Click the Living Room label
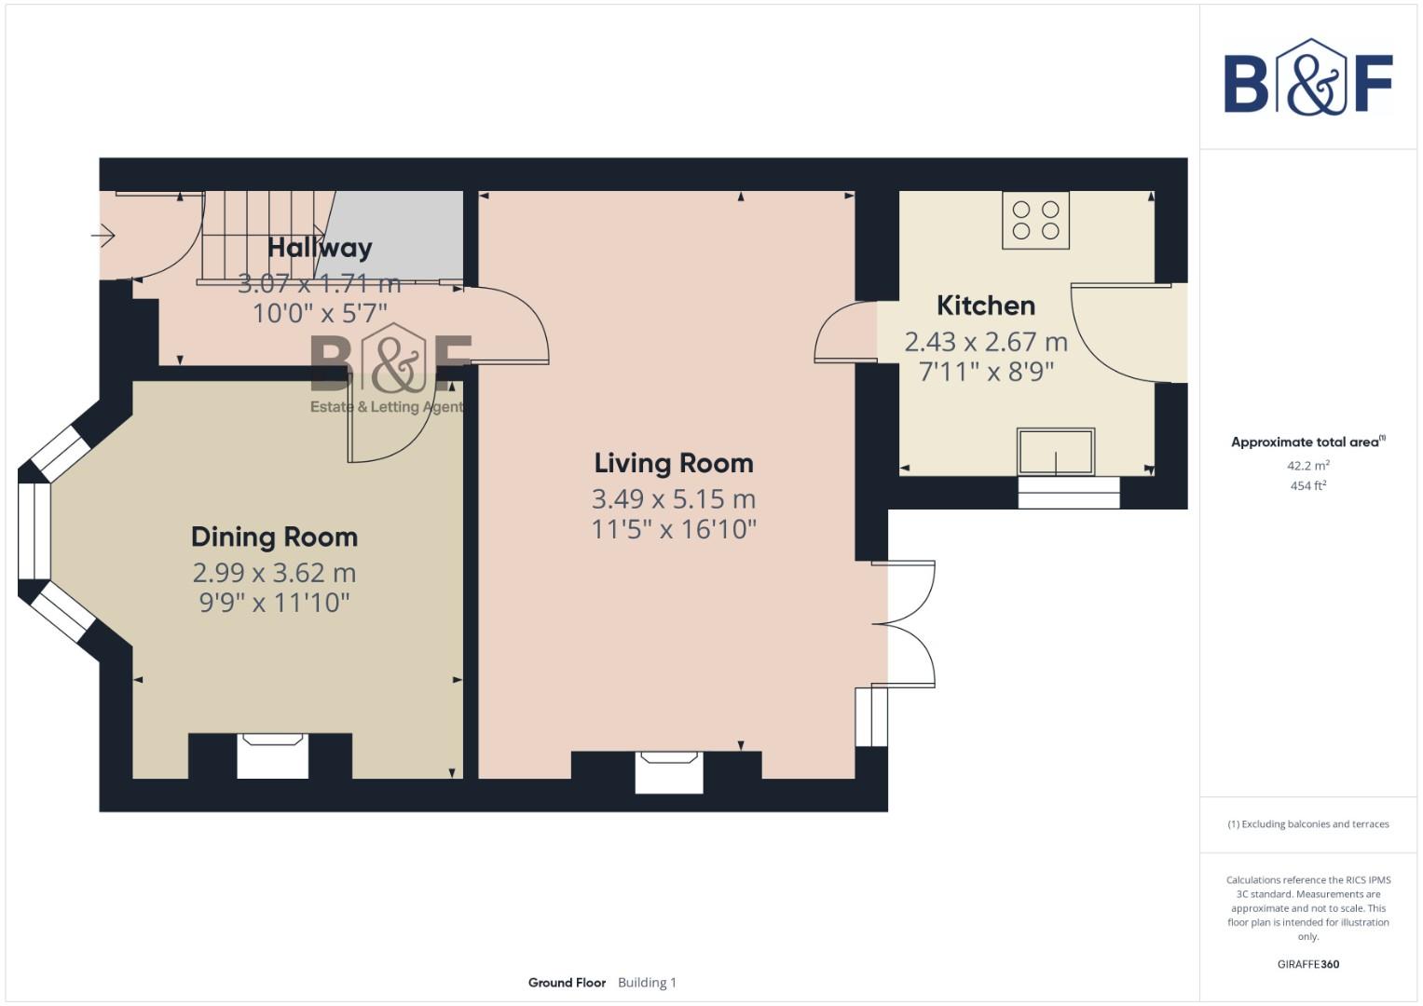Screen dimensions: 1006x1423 [673, 463]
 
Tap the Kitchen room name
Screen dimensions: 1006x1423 [985, 306]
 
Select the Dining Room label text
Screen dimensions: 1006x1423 [274, 537]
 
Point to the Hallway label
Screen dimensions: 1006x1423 [320, 248]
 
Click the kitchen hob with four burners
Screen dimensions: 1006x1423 [1035, 220]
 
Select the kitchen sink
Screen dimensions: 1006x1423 [1055, 452]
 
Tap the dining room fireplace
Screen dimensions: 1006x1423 [272, 755]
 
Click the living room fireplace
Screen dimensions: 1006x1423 [669, 772]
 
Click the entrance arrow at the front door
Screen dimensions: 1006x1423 [103, 236]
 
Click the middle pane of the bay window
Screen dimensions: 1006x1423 [34, 531]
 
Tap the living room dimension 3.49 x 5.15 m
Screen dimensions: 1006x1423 [673, 499]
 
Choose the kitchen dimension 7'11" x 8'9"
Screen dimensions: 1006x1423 [985, 373]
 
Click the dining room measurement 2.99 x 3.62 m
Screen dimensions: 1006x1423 [274, 572]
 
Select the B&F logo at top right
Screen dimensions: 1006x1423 [1307, 78]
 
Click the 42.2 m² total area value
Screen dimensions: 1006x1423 [1307, 465]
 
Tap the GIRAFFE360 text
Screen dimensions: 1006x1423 [1307, 964]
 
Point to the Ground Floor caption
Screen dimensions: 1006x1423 [567, 983]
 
